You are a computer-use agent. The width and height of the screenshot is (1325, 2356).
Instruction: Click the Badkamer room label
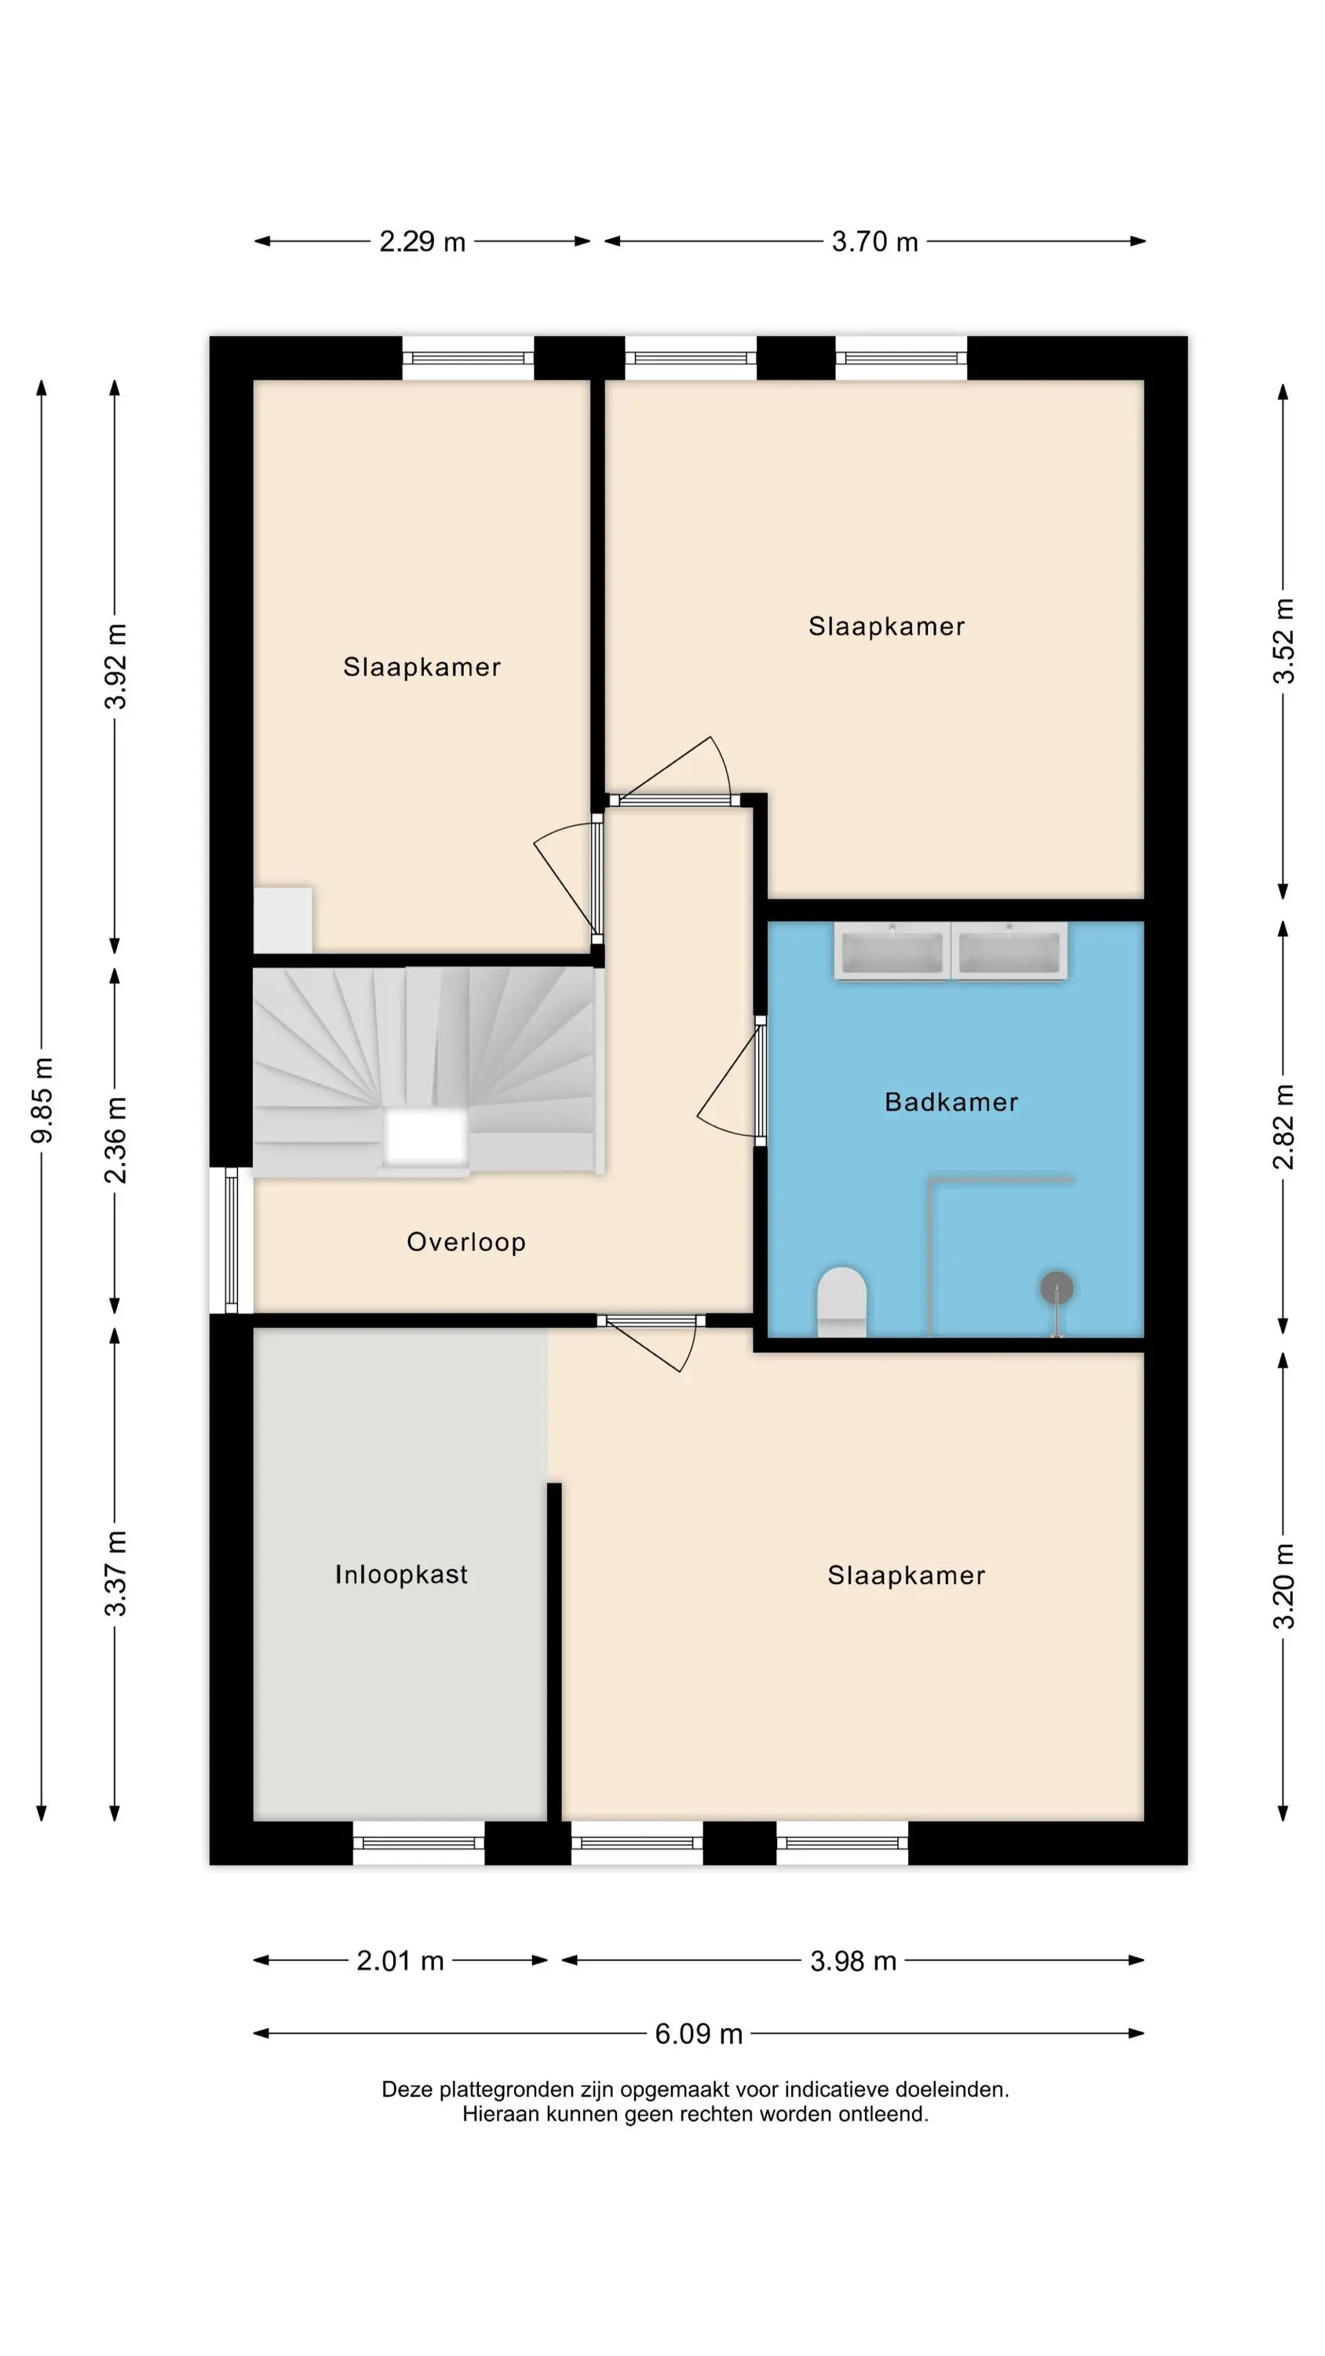(951, 1102)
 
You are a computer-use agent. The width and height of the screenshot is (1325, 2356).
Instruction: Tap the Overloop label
(466, 1242)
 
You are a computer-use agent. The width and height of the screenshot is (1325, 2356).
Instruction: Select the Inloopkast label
(401, 1574)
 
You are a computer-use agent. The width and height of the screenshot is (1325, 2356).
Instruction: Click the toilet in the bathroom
(841, 1301)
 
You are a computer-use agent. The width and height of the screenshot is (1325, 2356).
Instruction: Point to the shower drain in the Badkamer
(1057, 1288)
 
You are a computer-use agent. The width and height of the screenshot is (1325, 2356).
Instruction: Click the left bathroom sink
(892, 951)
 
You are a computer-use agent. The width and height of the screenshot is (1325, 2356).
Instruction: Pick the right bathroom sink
(1009, 951)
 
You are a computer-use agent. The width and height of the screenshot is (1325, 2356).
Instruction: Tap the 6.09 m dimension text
(699, 2034)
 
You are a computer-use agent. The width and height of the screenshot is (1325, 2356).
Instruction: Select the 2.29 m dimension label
(422, 241)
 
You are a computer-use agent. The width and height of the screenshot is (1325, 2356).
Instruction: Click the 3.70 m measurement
(874, 241)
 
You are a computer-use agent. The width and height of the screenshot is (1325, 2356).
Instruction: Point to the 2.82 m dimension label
(1284, 1127)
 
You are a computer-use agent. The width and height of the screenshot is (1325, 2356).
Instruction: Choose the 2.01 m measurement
(400, 1961)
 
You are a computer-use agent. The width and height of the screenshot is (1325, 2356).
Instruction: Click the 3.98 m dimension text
(853, 1961)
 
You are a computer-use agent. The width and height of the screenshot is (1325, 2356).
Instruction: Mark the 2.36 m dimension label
(115, 1140)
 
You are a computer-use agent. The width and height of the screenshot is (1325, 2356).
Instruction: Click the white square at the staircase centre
(425, 1137)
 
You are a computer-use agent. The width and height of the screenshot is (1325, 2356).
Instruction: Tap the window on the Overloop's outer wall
(232, 1240)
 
